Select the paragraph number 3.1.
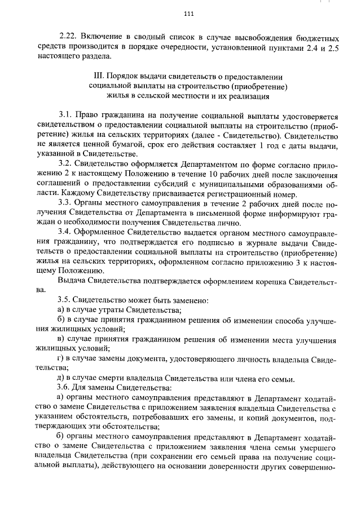click(65, 116)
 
